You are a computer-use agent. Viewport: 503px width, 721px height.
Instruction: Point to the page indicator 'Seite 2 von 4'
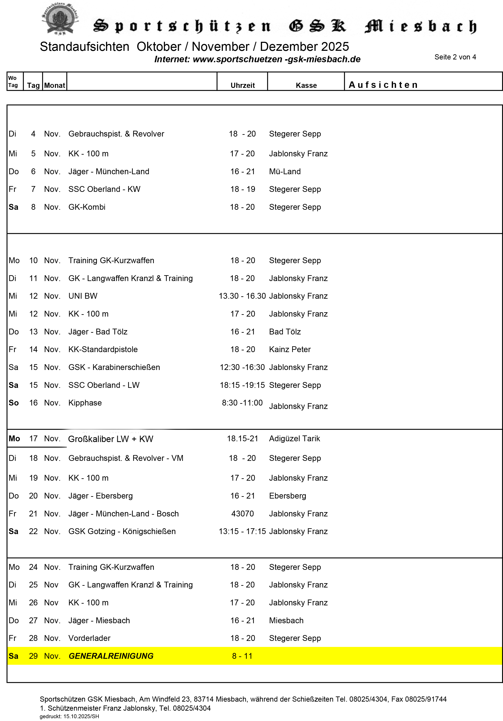click(x=455, y=57)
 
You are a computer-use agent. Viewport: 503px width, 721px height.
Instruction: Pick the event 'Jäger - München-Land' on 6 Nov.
click(x=109, y=171)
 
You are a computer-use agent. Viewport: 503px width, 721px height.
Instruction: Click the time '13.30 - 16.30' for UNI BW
click(x=242, y=296)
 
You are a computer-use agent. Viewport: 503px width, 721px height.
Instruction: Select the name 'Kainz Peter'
click(x=290, y=349)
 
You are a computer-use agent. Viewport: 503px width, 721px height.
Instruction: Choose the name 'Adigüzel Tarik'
click(x=294, y=438)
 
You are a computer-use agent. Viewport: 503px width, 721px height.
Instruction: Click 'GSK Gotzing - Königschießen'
click(x=122, y=531)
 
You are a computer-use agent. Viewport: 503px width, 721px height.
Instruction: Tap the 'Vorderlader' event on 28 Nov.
click(x=89, y=638)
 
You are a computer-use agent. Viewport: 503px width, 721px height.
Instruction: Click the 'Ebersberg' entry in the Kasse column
click(x=287, y=496)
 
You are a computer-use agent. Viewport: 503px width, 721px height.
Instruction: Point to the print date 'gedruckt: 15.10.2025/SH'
click(x=69, y=716)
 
